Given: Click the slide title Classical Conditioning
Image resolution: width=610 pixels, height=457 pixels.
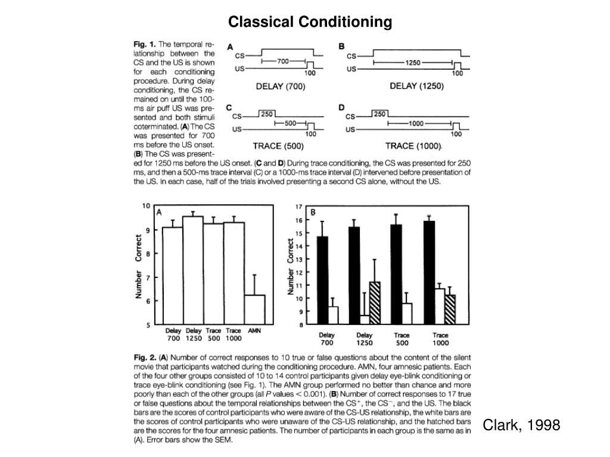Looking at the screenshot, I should [x=310, y=22].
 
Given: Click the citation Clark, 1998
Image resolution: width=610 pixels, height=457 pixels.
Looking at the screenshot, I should [x=521, y=425].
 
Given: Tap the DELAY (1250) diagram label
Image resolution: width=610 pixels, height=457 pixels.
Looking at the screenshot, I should [x=416, y=86].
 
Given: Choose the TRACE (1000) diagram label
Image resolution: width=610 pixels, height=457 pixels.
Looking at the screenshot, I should [x=413, y=146].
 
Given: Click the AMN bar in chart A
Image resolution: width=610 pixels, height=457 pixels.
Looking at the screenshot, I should [x=254, y=309].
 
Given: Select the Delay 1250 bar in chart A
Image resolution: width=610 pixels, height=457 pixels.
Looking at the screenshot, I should [x=192, y=271].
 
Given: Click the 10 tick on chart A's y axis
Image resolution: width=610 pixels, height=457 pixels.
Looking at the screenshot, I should [x=146, y=206].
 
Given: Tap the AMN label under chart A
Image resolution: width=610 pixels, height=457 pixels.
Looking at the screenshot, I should [x=254, y=331].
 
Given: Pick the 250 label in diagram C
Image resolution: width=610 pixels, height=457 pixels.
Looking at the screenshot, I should [x=266, y=114].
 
